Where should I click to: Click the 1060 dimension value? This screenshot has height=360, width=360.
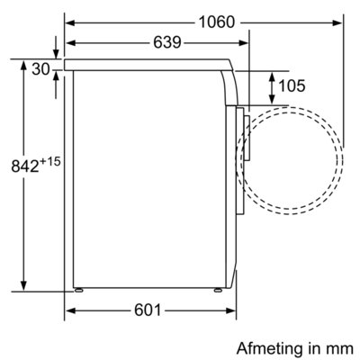pos(217,22)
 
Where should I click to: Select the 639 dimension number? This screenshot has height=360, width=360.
pos(167,42)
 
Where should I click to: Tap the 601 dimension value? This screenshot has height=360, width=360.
pos(148,310)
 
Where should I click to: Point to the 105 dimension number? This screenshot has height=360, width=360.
pos(292,85)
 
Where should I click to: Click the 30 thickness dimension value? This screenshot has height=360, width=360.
pos(40,69)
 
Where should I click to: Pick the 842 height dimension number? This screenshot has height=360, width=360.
pos(25,166)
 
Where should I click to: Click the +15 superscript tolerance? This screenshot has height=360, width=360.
pos(50,162)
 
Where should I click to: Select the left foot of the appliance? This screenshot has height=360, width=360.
pos(79,290)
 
